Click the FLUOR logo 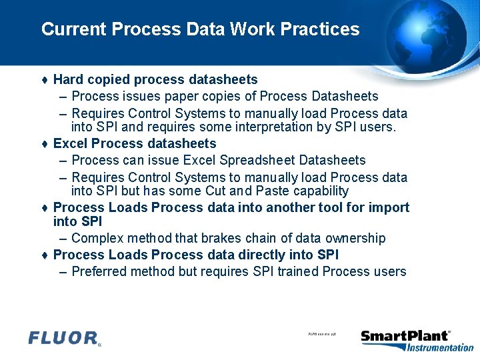click(64, 338)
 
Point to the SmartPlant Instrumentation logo click(417, 339)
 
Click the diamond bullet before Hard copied click(44, 80)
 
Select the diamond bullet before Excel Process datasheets click(44, 144)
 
